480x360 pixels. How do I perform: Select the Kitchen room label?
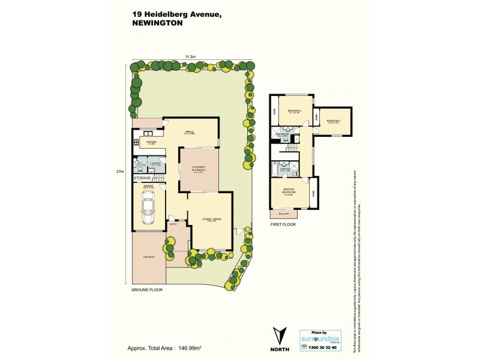(x=151, y=142)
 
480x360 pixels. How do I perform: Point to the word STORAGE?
(x=142, y=178)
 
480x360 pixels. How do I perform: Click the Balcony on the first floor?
(x=284, y=214)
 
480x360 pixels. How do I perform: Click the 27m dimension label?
(x=120, y=172)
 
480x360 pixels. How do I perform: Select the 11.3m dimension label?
(x=190, y=56)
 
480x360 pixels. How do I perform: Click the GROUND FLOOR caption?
(x=147, y=289)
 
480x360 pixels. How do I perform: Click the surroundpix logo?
(x=320, y=338)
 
